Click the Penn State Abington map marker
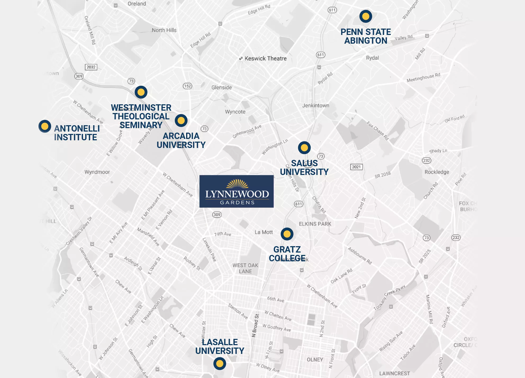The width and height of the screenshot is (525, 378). pos(366,16)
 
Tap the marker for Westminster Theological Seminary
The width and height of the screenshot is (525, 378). pos(141,92)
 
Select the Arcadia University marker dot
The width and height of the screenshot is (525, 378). pos(181,121)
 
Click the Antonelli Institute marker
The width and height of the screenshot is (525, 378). pos(45,126)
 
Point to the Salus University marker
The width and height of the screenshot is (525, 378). pos(304,148)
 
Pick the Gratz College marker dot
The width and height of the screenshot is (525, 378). pos(287,234)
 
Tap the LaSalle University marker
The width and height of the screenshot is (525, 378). pos(220,363)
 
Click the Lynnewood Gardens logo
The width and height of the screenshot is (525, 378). pos(237,191)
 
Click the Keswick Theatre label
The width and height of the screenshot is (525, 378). pos(265,58)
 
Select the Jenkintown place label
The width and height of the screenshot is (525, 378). pos(316,105)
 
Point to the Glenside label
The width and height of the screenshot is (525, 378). pos(221,87)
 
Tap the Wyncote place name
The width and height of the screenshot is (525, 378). pos(235,112)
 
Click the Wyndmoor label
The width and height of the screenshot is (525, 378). pos(97,172)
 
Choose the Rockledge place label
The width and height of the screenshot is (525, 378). pos(437,172)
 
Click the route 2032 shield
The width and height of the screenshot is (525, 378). pos(91,67)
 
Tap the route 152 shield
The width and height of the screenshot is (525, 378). pos(188,86)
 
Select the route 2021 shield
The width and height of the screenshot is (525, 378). pos(356,167)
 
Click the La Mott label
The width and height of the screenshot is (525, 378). pos(264,232)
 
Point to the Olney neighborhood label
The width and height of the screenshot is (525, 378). pos(315,359)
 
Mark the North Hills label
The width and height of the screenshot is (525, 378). pos(164,30)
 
